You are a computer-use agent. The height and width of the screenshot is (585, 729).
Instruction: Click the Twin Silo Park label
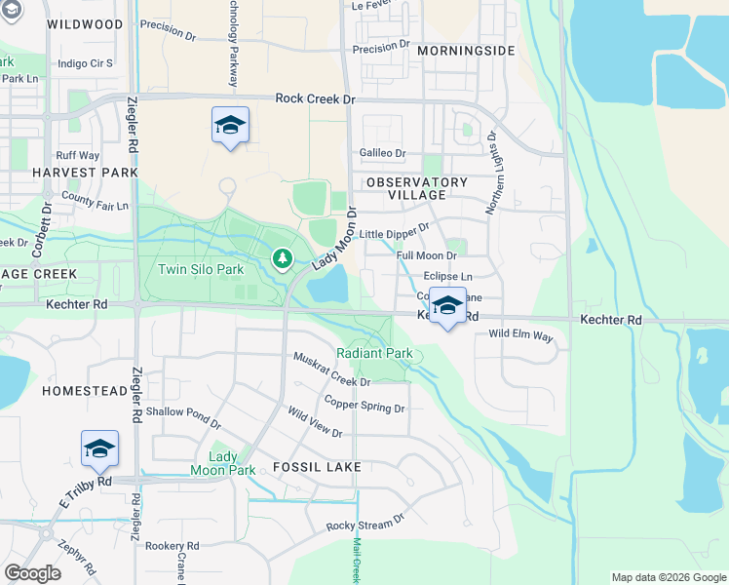[203, 269]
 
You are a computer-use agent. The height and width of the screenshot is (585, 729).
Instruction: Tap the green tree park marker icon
[282, 258]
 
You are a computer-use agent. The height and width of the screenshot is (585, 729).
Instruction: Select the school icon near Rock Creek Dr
[230, 125]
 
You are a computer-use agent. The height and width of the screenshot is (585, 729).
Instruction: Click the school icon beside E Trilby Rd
[99, 448]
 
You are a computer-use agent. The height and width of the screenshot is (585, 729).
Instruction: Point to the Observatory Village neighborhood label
[417, 188]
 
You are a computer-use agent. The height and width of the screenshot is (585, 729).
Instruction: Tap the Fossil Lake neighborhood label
[316, 467]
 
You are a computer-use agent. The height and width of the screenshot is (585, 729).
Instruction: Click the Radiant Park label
[374, 353]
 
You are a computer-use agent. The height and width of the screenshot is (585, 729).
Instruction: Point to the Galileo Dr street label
[382, 153]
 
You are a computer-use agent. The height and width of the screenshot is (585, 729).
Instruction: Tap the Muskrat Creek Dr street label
[332, 369]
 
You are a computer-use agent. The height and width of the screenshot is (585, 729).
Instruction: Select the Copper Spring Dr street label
[364, 404]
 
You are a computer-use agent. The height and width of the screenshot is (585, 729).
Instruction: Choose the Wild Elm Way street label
[520, 335]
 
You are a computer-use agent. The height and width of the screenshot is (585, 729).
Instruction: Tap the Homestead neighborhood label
[85, 390]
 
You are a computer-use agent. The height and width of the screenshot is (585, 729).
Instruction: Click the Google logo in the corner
[32, 572]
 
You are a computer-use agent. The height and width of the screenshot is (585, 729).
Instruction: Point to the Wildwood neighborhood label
[85, 23]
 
